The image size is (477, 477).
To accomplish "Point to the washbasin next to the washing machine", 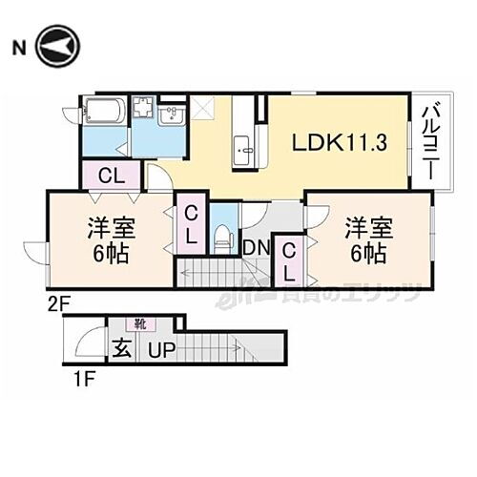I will [x=174, y=116].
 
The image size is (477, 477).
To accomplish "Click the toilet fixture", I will [x=221, y=233].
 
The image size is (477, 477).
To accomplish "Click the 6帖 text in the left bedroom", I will [x=110, y=255].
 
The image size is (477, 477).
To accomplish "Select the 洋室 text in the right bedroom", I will [x=365, y=229].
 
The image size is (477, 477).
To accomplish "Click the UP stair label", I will [x=159, y=350].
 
